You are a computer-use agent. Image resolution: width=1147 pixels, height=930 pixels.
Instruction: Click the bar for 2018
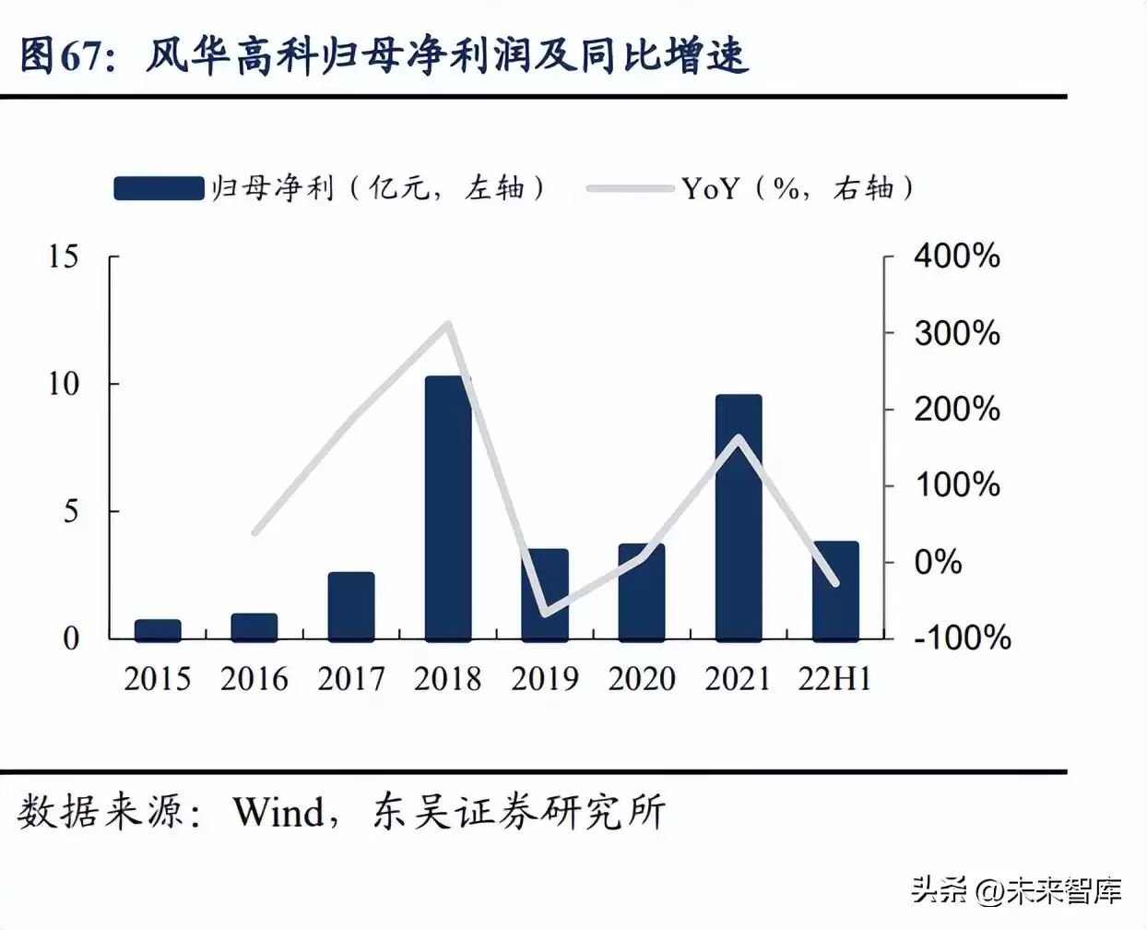pyautogui.click(x=448, y=507)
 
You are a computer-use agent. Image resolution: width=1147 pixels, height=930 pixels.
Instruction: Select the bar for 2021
pyautogui.click(x=739, y=517)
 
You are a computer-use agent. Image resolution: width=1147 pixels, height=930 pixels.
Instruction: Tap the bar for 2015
pyautogui.click(x=158, y=630)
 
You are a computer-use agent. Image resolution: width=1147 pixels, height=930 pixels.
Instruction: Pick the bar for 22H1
pyautogui.click(x=835, y=590)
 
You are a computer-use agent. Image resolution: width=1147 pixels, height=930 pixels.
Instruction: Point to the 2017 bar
pyautogui.click(x=351, y=606)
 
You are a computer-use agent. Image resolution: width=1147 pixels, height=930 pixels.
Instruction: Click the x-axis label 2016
pyautogui.click(x=254, y=679)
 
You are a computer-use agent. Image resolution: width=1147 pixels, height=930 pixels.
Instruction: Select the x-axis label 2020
pyautogui.click(x=642, y=679)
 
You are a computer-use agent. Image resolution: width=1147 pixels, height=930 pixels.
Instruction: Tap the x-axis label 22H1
pyautogui.click(x=834, y=679)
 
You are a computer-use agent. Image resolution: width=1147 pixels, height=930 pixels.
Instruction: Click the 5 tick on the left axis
pyautogui.click(x=71, y=511)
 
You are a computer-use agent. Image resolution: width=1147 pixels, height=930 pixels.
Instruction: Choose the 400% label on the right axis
pyautogui.click(x=956, y=256)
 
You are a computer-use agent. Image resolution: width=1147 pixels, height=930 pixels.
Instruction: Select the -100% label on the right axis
pyautogui.click(x=962, y=638)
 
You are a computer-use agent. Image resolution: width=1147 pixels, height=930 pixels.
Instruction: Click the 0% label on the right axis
pyautogui.click(x=938, y=562)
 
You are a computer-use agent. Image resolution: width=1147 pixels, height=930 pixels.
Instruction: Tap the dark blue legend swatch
pyautogui.click(x=159, y=188)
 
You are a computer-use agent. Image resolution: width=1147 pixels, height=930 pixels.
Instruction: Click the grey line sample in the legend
pyautogui.click(x=630, y=189)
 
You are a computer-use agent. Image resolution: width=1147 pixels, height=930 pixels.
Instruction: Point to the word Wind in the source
pyautogui.click(x=278, y=813)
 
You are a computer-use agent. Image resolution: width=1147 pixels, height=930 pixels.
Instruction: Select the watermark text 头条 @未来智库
pyautogui.click(x=1016, y=890)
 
